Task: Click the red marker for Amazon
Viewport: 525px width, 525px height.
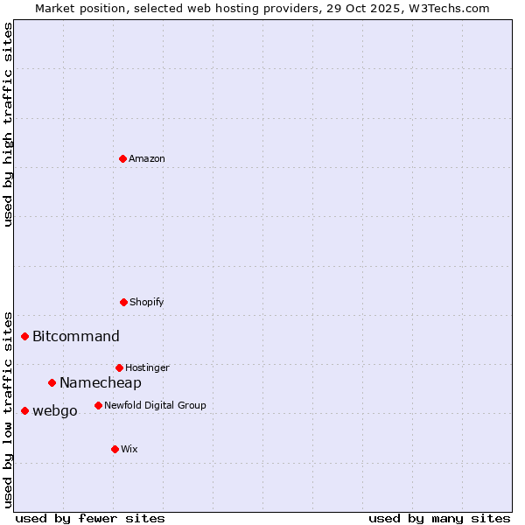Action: [x=122, y=158]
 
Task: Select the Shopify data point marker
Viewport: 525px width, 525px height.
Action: [x=123, y=302]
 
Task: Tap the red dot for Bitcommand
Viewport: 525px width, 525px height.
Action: [x=25, y=336]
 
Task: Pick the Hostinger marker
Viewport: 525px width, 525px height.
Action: [x=119, y=367]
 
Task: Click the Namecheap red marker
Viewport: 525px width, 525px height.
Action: [x=52, y=382]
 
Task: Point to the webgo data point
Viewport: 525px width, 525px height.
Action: [x=25, y=410]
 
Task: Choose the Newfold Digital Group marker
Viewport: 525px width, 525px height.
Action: [x=98, y=405]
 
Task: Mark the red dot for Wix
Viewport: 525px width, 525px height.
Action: [x=115, y=449]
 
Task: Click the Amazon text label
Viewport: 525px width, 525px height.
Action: [x=147, y=158]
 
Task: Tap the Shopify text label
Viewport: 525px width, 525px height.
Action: [x=147, y=302]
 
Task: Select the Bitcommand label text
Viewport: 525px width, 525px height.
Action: [x=76, y=336]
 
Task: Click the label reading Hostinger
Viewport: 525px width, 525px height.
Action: [x=147, y=367]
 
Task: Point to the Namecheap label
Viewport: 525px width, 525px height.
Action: [x=101, y=382]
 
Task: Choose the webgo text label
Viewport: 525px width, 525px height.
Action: [x=55, y=410]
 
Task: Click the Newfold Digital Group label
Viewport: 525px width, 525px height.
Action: [x=155, y=405]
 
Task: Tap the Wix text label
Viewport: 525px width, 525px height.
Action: [x=129, y=449]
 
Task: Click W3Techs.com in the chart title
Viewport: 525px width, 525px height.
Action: [x=447, y=8]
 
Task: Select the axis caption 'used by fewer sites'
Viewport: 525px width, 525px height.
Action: [x=90, y=518]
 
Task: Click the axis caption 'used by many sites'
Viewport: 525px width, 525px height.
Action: [x=439, y=518]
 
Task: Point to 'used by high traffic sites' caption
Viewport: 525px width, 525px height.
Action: [x=8, y=124]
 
